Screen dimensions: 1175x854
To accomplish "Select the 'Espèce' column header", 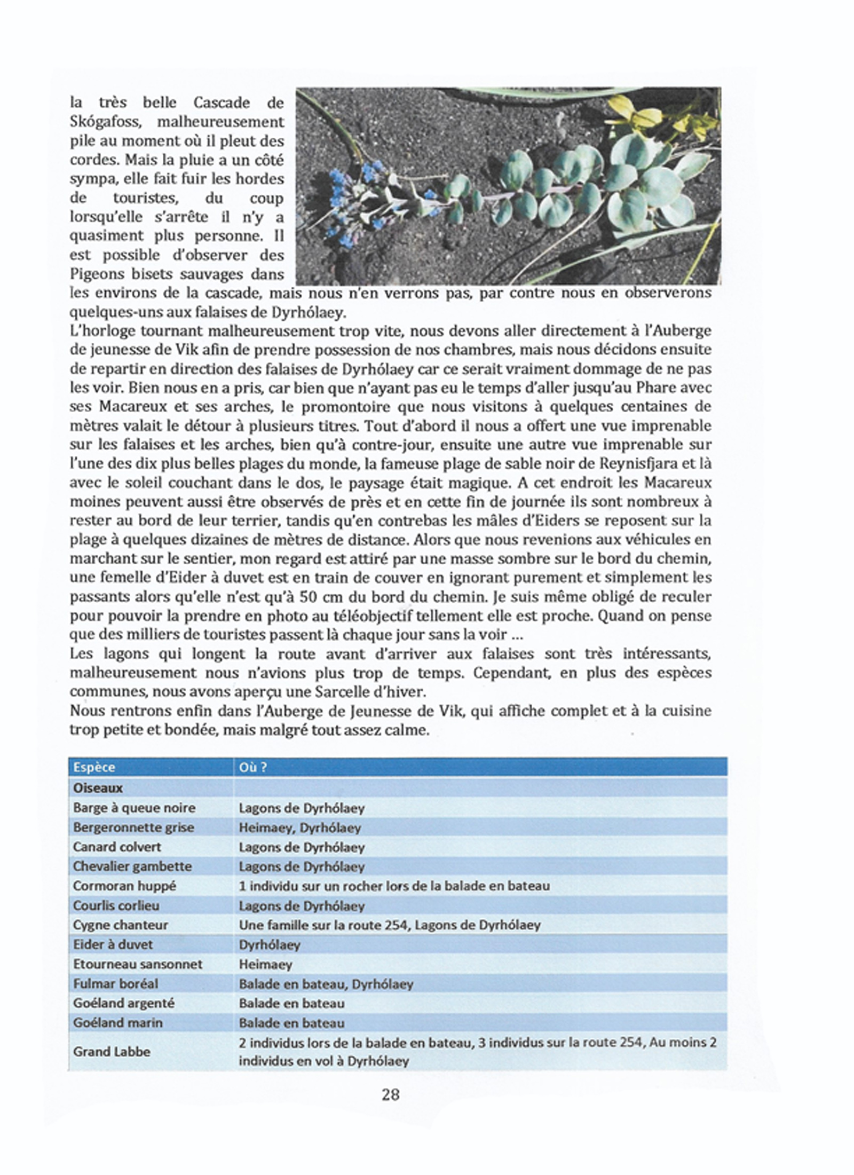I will tap(94, 767).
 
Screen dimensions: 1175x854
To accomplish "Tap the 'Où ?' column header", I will tap(253, 767).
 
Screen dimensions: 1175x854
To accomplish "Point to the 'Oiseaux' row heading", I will tap(98, 788).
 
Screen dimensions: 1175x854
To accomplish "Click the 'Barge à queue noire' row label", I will tap(135, 808).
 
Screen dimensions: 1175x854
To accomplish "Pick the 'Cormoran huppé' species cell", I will tap(124, 886).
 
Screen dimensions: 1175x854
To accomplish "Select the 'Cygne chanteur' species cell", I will tap(121, 925).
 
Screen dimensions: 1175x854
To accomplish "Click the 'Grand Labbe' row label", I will tap(112, 1051).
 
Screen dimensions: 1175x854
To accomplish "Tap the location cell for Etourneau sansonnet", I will tap(266, 964).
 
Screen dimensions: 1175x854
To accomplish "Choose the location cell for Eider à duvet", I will tap(270, 944).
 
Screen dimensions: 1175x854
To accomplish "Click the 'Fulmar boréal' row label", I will tap(116, 983).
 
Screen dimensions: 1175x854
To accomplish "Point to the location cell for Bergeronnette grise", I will tap(300, 827).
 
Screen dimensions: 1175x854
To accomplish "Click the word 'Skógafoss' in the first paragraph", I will tap(105, 122).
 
